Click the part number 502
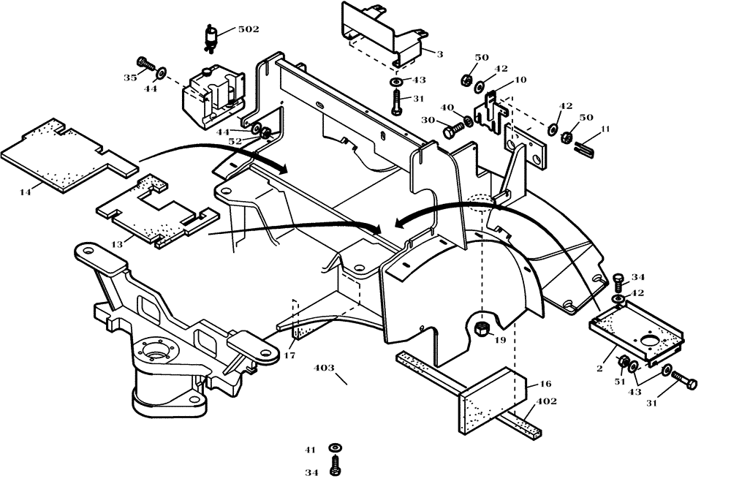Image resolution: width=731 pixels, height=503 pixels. [x=249, y=29]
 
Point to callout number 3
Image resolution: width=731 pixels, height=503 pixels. [x=440, y=53]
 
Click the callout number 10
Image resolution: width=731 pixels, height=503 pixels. [x=520, y=80]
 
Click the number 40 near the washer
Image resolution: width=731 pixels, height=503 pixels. [x=444, y=107]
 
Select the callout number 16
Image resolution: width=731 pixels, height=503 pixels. [x=545, y=383]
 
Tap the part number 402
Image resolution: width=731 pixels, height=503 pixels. [x=547, y=401]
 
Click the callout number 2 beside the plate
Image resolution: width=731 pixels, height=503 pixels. [x=599, y=369]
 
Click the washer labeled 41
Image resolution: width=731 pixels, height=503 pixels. [x=335, y=447]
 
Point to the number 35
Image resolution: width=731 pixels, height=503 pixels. [x=129, y=77]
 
